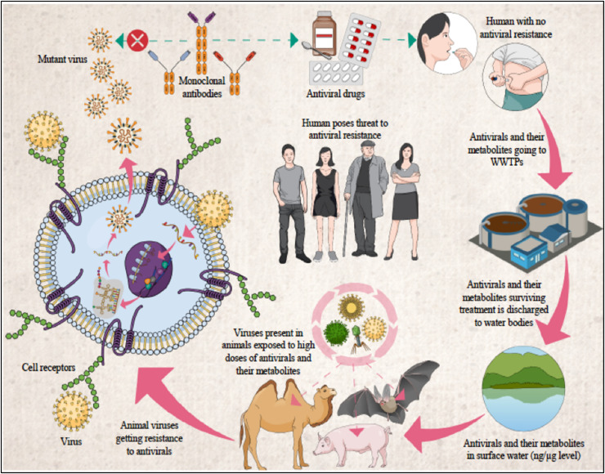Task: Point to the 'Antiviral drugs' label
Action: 339,92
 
